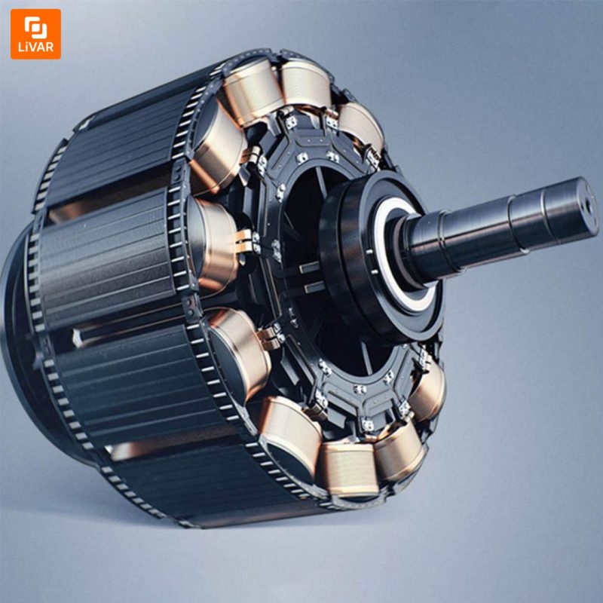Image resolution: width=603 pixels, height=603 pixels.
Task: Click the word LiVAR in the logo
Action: (x=35, y=47)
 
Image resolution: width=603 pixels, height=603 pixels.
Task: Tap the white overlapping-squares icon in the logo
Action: (x=35, y=27)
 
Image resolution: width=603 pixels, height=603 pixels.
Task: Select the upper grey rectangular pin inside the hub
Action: (x=310, y=267)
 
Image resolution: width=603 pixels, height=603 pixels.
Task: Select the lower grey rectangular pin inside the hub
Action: (x=314, y=287)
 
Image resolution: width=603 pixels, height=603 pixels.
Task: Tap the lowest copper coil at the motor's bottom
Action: (x=348, y=470)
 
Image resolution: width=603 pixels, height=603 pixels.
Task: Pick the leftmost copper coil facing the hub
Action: (x=213, y=244)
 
